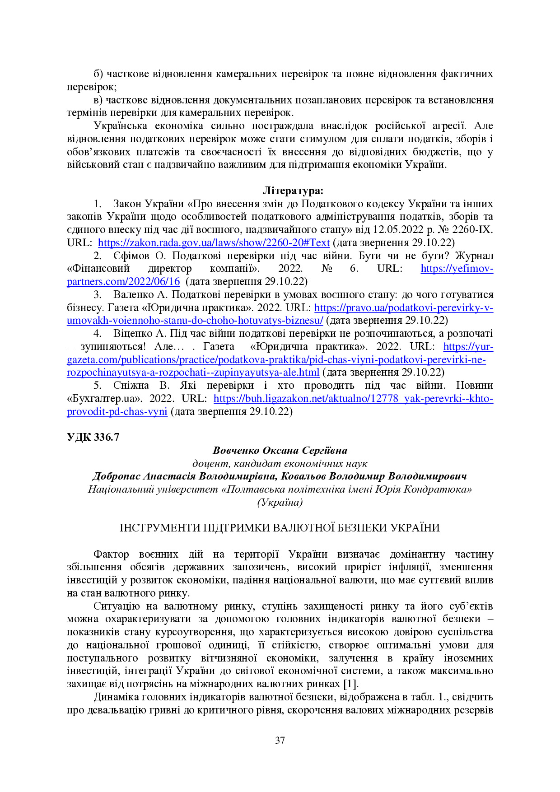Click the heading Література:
tap(293, 191)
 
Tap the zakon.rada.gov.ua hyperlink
tap(214, 242)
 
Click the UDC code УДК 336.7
tap(93, 437)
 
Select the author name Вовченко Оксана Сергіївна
tap(280, 450)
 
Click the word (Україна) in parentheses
tap(280, 502)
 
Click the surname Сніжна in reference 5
tap(131, 385)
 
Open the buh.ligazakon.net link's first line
tap(353, 398)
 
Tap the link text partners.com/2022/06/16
tap(123, 281)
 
